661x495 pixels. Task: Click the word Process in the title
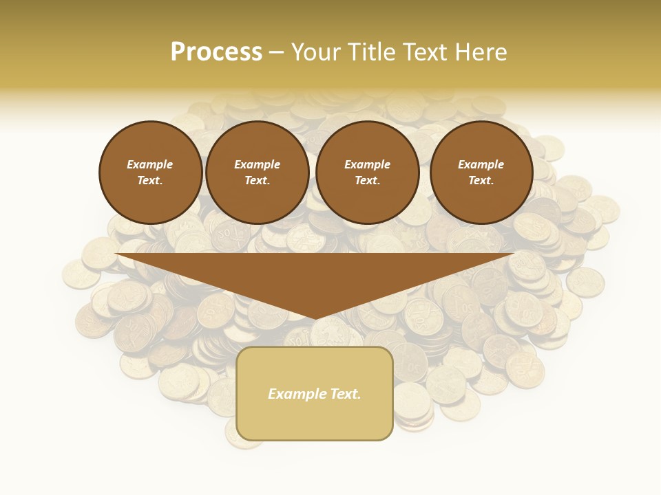[x=216, y=52]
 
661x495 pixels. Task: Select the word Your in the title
[x=316, y=52]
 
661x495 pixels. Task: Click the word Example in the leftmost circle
[x=150, y=164]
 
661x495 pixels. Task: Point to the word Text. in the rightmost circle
[x=481, y=180]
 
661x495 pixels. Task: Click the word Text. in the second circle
[x=257, y=180]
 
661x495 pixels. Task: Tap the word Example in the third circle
[x=367, y=164]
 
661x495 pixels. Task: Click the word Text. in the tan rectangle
[x=345, y=394]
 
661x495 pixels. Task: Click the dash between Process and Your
[x=276, y=52]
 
